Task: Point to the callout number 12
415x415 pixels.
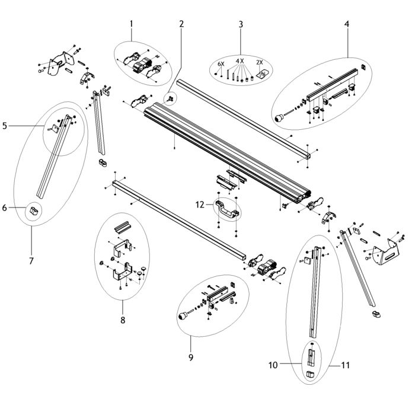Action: click(x=200, y=205)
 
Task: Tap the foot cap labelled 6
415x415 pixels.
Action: click(x=34, y=209)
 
